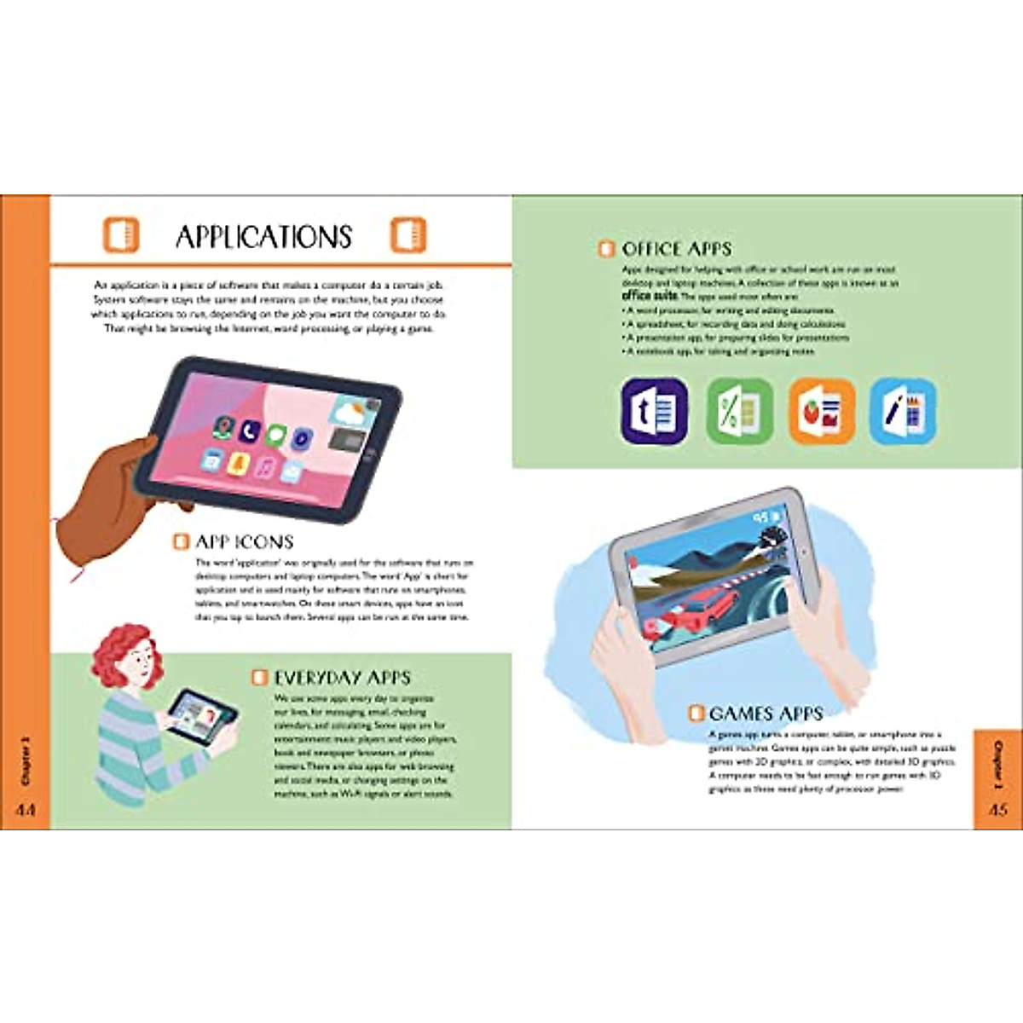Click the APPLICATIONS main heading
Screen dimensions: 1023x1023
tap(263, 237)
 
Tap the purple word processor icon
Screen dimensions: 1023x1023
tap(654, 412)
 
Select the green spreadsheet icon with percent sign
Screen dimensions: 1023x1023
tap(739, 412)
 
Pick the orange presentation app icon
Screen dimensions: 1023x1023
tap(821, 412)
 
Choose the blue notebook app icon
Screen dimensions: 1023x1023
tap(903, 412)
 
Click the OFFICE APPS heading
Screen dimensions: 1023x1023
tap(676, 249)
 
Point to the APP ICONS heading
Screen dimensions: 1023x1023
tap(244, 541)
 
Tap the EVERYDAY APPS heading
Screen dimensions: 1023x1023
tap(342, 678)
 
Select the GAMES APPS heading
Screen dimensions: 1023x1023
tap(766, 714)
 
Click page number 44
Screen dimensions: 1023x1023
tap(26, 809)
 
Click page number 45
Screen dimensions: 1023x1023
tap(998, 809)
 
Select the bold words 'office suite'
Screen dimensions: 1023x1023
tap(650, 295)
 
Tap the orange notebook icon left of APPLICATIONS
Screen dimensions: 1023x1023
tap(120, 235)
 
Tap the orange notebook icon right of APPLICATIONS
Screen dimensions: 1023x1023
tap(407, 235)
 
